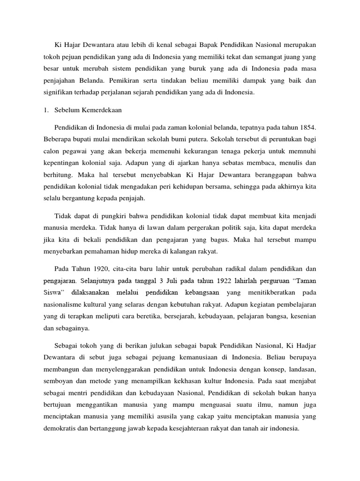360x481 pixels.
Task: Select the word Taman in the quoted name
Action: pyautogui.click(x=305, y=281)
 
